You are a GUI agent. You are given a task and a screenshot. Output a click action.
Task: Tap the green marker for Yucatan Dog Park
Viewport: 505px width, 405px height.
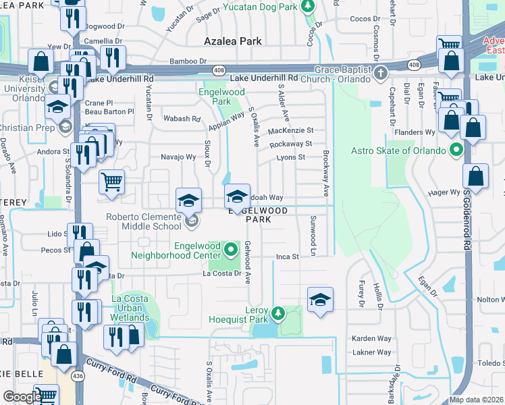309,7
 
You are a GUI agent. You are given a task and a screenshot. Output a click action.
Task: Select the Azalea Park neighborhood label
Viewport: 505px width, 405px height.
233,41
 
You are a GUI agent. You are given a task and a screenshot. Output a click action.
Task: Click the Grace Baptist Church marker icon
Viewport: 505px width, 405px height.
381,72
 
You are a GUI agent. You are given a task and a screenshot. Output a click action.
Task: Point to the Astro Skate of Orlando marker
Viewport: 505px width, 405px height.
456,149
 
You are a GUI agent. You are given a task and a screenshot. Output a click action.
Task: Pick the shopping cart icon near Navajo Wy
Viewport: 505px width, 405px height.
111,180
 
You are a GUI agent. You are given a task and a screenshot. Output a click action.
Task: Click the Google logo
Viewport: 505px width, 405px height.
22,397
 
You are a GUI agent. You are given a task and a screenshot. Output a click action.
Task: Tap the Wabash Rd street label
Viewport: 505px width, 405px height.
182,119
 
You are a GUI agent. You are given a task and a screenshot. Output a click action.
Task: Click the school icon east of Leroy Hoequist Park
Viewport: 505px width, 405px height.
320,300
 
